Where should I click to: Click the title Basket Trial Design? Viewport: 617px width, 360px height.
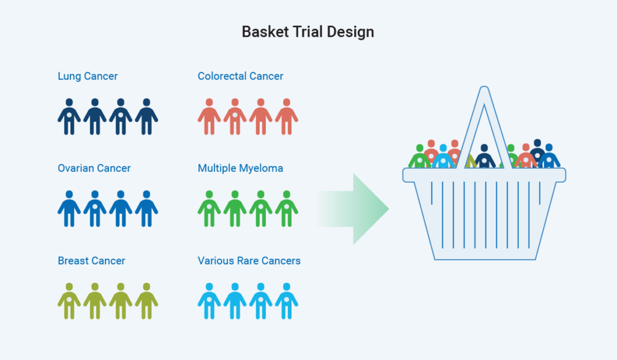[x=308, y=32]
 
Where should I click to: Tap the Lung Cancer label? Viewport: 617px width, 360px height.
[x=87, y=77]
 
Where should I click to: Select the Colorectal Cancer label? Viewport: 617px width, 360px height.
[x=240, y=77]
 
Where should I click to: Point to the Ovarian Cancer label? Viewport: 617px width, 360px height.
[x=94, y=168]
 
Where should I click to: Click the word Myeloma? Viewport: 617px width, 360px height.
[x=260, y=168]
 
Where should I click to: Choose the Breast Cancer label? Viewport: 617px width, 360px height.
[x=92, y=261]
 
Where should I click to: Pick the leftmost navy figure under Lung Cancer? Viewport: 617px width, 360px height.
[x=69, y=116]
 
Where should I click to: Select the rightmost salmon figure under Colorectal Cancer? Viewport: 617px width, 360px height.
[x=286, y=116]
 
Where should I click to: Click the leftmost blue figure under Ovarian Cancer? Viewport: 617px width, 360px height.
[x=69, y=209]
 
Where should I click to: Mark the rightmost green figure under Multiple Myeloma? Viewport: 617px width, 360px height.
[x=286, y=209]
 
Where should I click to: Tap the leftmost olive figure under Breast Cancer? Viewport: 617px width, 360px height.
[x=69, y=301]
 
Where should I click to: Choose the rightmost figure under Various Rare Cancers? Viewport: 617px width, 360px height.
[x=286, y=301]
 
